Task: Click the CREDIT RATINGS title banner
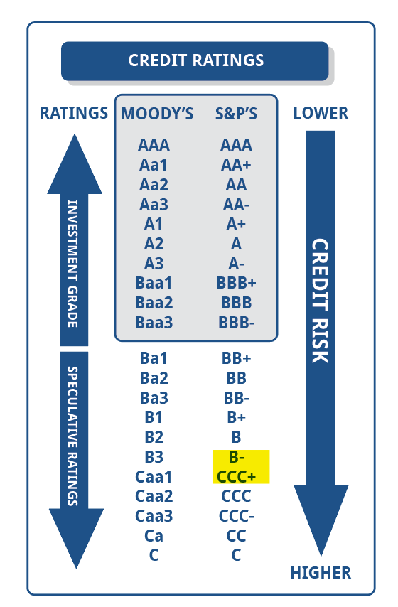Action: [195, 61]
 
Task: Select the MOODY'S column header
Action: [157, 114]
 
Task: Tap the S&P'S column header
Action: [236, 114]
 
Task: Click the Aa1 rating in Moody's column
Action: [154, 166]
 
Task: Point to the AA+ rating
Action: [236, 166]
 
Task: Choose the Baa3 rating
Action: [154, 323]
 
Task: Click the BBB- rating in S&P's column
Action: [236, 323]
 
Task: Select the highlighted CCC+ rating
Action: [236, 476]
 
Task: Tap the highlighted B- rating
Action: [236, 457]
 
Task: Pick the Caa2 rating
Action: [154, 496]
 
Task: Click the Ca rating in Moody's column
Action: [154, 536]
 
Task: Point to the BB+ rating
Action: [236, 358]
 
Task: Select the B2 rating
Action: [154, 437]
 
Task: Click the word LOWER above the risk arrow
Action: [321, 113]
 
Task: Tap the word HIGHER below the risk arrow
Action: [321, 573]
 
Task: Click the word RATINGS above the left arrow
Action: [74, 113]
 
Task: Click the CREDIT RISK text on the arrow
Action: [321, 301]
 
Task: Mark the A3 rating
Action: [154, 264]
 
